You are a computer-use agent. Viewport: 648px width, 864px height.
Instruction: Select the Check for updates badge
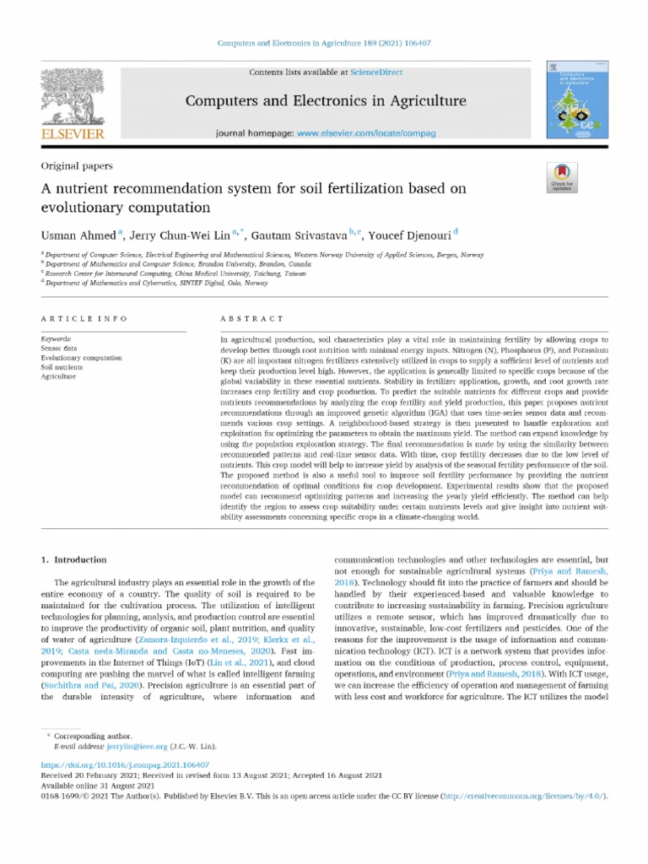coord(562,175)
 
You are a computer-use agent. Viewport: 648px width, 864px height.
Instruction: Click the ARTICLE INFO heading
coord(84,319)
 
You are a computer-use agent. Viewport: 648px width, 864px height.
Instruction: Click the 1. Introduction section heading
coord(74,559)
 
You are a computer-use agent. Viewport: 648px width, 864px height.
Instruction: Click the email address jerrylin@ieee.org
coord(137,748)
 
